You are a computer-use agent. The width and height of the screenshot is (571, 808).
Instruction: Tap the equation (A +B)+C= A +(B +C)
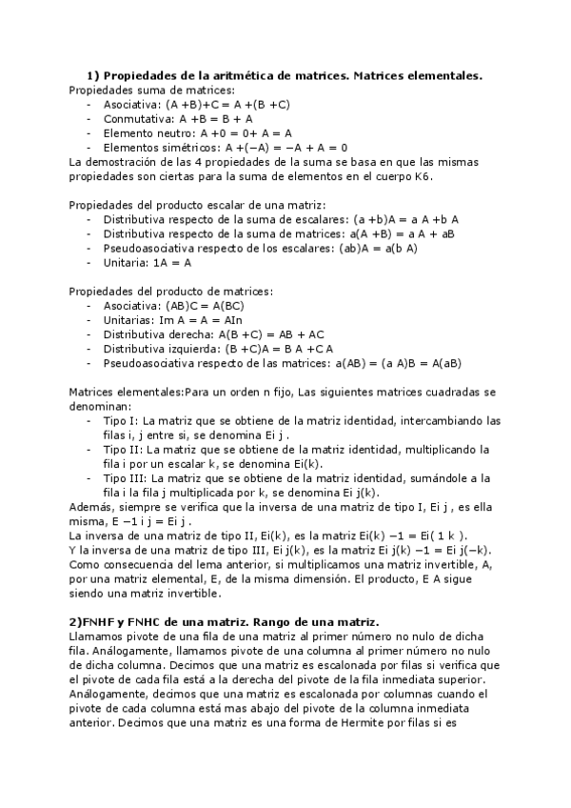click(x=227, y=105)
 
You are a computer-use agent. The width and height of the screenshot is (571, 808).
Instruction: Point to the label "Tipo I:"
click(x=124, y=420)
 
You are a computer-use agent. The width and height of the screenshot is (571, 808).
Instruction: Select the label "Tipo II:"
click(x=126, y=449)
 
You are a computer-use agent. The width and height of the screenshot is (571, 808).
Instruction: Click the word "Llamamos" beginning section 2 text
click(x=98, y=636)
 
